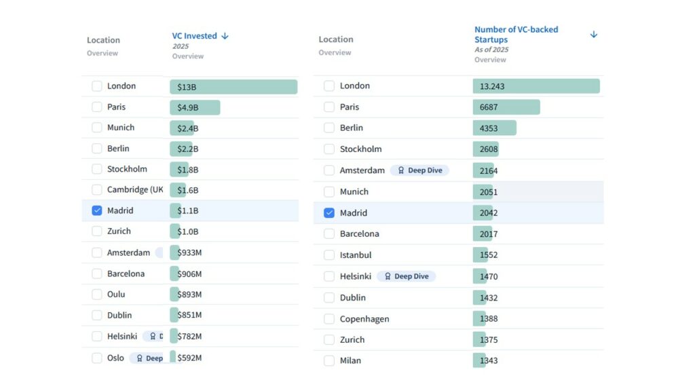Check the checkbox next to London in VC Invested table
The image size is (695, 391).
pos(97,86)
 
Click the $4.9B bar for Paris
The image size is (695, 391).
pos(195,107)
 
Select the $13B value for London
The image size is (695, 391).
pos(187,87)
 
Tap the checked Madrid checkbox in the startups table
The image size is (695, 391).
pos(329,213)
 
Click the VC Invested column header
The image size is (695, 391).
pos(194,36)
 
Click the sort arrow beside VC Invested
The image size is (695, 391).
pos(225,36)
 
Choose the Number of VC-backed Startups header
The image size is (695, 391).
pos(516,35)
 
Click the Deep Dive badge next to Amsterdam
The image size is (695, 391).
pos(419,170)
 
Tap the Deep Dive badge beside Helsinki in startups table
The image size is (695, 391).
pos(406,276)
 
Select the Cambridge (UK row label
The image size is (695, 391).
pos(135,189)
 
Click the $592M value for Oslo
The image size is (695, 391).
pos(189,358)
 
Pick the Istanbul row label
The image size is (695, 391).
pos(356,255)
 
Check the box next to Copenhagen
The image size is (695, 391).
pos(329,319)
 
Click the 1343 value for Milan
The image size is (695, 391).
pos(489,360)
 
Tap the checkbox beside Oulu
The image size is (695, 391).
pos(97,295)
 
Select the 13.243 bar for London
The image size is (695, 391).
pos(536,86)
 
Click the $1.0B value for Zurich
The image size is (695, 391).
pos(188,231)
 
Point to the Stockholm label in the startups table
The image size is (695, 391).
pos(360,149)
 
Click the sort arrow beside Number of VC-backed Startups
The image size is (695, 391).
pos(594,35)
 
